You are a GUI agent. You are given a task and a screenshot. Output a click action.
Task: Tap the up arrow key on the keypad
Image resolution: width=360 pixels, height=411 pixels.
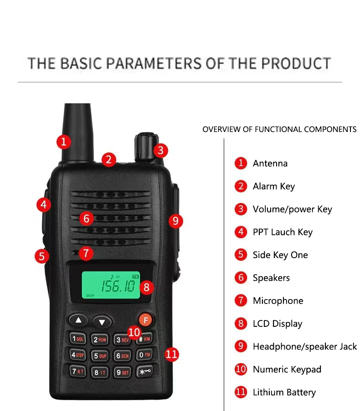(79, 320)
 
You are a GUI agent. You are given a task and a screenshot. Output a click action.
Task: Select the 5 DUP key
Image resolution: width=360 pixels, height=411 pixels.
(100, 356)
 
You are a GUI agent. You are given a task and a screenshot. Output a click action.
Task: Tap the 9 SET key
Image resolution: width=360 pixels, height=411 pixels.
(122, 372)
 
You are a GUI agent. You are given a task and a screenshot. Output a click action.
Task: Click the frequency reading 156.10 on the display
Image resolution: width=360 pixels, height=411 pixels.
(118, 286)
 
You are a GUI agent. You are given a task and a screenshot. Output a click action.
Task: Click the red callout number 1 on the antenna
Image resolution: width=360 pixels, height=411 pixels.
(64, 142)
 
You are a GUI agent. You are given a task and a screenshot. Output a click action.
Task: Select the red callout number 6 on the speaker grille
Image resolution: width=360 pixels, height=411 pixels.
(87, 218)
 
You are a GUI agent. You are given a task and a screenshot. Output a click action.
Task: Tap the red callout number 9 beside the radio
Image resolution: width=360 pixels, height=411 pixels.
(175, 221)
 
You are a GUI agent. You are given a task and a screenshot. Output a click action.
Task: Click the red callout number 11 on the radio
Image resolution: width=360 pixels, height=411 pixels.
(171, 354)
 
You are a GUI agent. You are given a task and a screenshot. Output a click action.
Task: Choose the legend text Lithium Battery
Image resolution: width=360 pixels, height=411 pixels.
(284, 392)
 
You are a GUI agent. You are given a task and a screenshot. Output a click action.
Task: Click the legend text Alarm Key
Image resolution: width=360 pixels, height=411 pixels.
(273, 186)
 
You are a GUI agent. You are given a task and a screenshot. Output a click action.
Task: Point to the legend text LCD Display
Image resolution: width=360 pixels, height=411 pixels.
(277, 324)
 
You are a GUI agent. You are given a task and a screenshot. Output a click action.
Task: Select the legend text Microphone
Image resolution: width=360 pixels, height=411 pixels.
(278, 301)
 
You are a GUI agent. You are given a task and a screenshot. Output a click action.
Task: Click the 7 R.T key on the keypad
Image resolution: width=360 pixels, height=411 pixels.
(78, 371)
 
